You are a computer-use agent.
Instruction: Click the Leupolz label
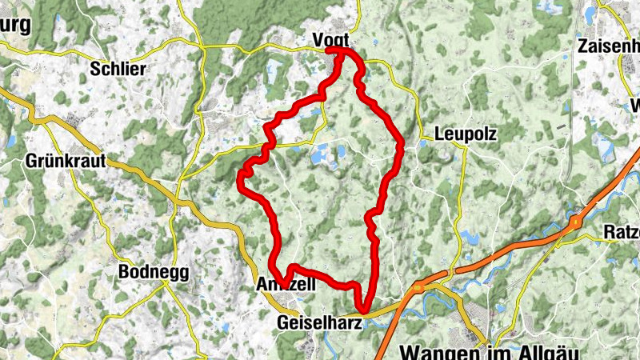(x=466, y=135)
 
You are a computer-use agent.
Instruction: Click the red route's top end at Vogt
(x=340, y=51)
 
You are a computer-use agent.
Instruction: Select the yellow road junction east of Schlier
(x=205, y=48)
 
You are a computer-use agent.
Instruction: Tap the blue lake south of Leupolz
(x=468, y=236)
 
